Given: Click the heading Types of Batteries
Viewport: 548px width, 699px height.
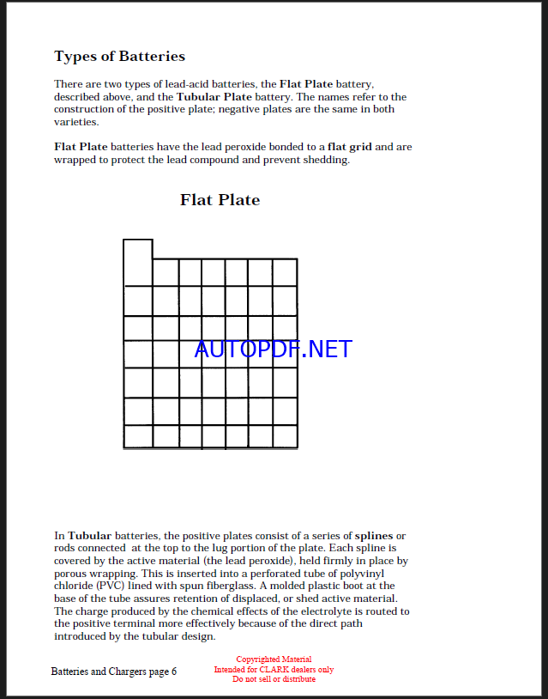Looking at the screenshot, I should point(119,57).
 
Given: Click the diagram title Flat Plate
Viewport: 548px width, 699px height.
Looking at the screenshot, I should point(220,200).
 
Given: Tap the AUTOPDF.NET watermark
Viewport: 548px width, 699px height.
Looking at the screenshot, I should point(273,349).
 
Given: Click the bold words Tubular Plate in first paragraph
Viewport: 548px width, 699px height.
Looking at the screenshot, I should point(211,97).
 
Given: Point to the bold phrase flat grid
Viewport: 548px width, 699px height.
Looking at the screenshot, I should point(349,147).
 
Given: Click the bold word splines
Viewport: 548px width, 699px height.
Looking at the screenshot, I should point(373,536).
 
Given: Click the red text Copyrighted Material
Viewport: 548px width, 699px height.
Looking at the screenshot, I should point(274,659).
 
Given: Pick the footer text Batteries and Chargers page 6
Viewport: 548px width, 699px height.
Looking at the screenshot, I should point(113,672).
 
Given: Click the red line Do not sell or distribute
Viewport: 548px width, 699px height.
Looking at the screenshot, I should point(274,679).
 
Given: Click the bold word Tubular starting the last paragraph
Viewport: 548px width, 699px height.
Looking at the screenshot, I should point(90,536).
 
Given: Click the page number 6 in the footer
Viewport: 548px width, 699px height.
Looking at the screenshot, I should point(173,672).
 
